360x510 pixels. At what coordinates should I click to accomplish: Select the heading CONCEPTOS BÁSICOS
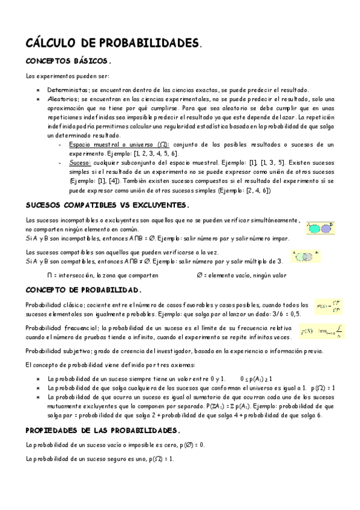tap(68, 62)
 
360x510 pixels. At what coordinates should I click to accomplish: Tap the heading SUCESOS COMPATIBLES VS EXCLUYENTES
tap(108, 206)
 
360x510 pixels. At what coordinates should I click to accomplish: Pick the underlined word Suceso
tap(79, 162)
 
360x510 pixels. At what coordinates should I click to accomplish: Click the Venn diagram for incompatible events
tap(319, 228)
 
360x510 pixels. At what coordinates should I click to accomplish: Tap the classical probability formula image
tap(329, 308)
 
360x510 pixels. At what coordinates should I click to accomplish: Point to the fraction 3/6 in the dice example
tap(273, 314)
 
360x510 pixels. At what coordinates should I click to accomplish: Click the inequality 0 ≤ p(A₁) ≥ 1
tap(255, 379)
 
